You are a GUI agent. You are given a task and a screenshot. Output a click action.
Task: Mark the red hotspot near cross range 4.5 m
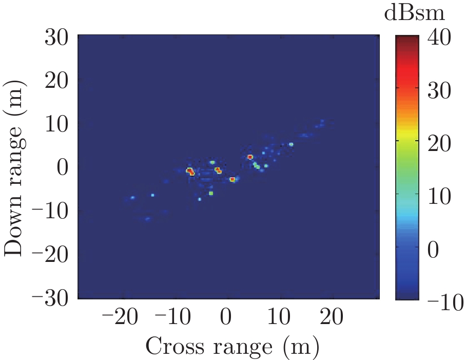[x=250, y=157]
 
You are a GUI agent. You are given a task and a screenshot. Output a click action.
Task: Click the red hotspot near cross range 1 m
[x=232, y=179]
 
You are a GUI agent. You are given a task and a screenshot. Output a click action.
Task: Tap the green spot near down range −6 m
[x=211, y=193]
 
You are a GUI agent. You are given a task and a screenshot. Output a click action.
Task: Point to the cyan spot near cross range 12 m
[x=291, y=144]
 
